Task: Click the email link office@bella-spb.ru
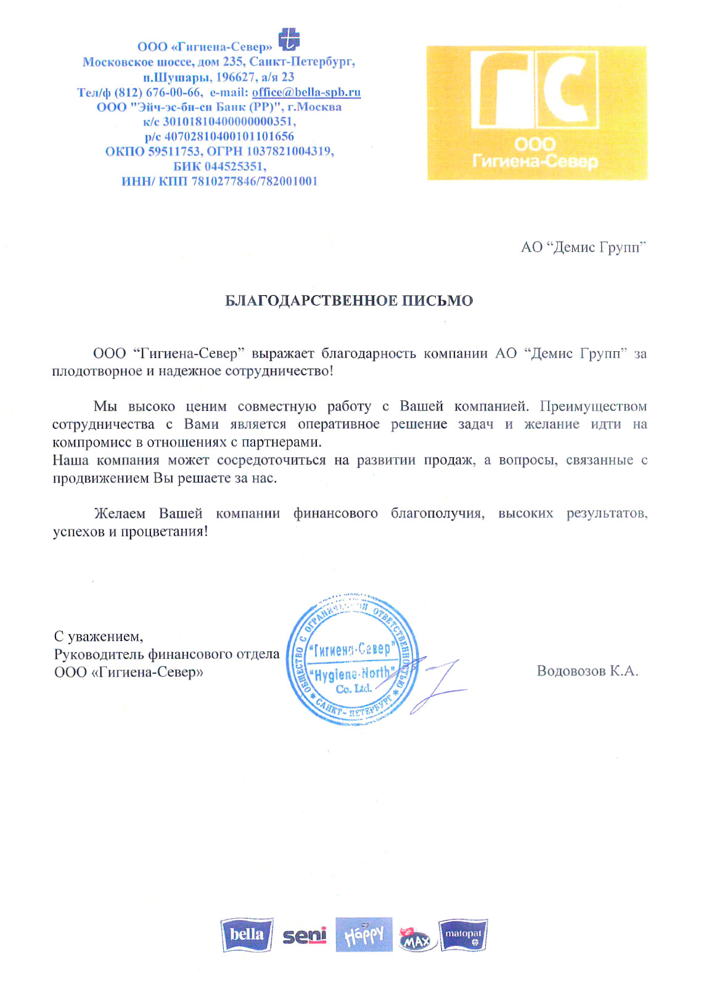pyautogui.click(x=306, y=92)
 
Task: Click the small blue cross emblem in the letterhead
pyautogui.click(x=289, y=39)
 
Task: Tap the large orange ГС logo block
pyautogui.click(x=536, y=113)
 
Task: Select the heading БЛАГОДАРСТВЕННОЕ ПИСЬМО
pyautogui.click(x=349, y=301)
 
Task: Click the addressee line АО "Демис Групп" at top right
pyautogui.click(x=583, y=248)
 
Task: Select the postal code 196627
pyautogui.click(x=235, y=77)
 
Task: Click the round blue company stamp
pyautogui.click(x=352, y=659)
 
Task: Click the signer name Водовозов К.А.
pyautogui.click(x=587, y=671)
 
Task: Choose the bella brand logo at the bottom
pyautogui.click(x=247, y=935)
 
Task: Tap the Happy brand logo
pyautogui.click(x=364, y=935)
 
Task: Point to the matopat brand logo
pyautogui.click(x=462, y=935)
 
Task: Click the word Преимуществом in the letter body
pyautogui.click(x=593, y=407)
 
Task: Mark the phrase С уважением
pyautogui.click(x=98, y=636)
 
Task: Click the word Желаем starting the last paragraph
pyautogui.click(x=120, y=514)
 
